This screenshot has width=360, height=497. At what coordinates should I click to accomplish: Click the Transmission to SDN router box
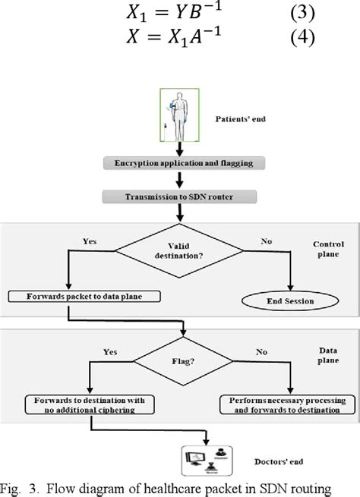pyautogui.click(x=178, y=197)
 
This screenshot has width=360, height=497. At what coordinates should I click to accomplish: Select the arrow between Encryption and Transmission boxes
pyautogui.click(x=178, y=180)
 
